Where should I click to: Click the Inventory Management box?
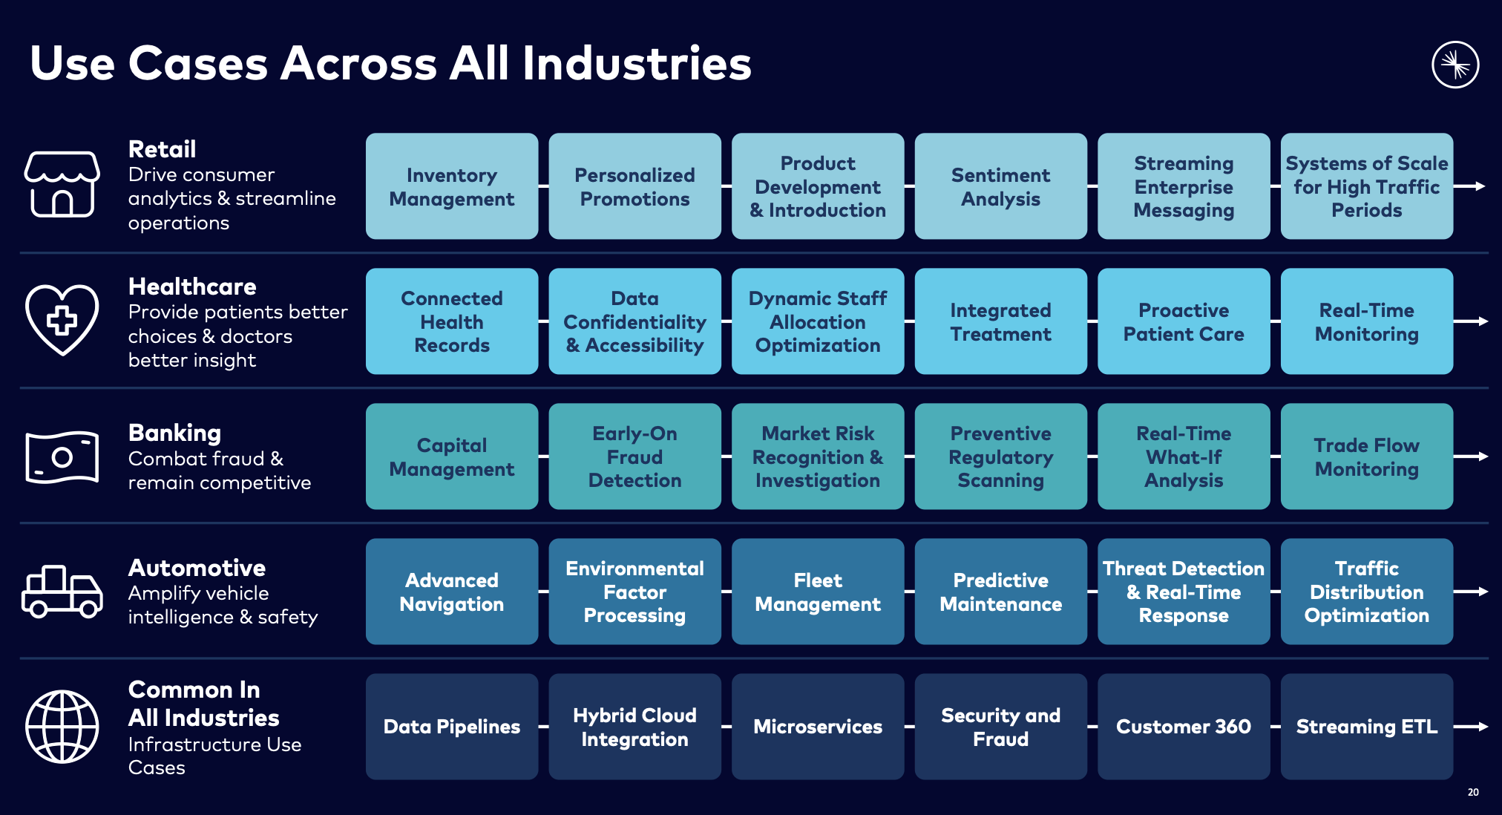click(452, 186)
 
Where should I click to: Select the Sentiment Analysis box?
click(1000, 186)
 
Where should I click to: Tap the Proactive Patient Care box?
click(1184, 321)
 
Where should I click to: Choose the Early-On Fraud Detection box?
click(634, 456)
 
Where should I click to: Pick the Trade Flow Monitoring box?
click(1366, 456)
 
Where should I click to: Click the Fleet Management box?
click(818, 592)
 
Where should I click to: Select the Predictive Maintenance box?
click(1000, 592)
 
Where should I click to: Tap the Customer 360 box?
click(1184, 727)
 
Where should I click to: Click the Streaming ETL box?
click(1366, 727)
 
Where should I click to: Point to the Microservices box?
click(818, 727)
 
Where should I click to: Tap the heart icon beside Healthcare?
click(62, 319)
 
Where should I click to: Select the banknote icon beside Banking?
click(62, 456)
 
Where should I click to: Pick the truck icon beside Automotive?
click(62, 592)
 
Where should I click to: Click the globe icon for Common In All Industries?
click(62, 727)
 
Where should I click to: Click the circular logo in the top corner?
click(1455, 65)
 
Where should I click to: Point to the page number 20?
click(1473, 792)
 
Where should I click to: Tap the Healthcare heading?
click(192, 287)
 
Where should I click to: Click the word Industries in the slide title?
click(637, 63)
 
